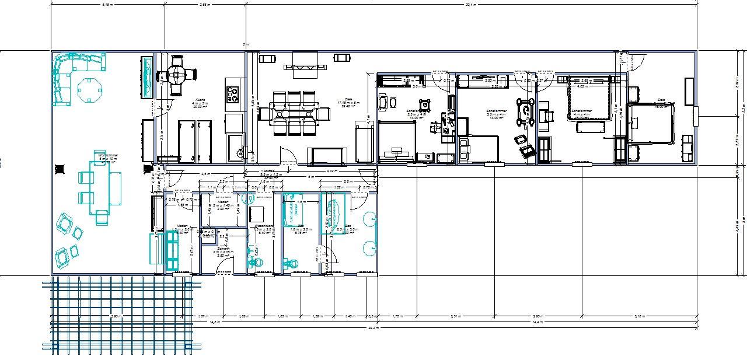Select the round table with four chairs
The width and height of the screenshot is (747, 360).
click(x=176, y=75)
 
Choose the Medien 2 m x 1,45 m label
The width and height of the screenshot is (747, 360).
click(x=223, y=205)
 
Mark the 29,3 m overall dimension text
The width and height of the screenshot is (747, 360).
click(x=373, y=328)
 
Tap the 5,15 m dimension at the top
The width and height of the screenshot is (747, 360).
click(x=107, y=4)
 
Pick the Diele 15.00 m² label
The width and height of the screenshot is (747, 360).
click(x=661, y=103)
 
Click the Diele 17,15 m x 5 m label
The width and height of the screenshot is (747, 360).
click(x=348, y=103)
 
